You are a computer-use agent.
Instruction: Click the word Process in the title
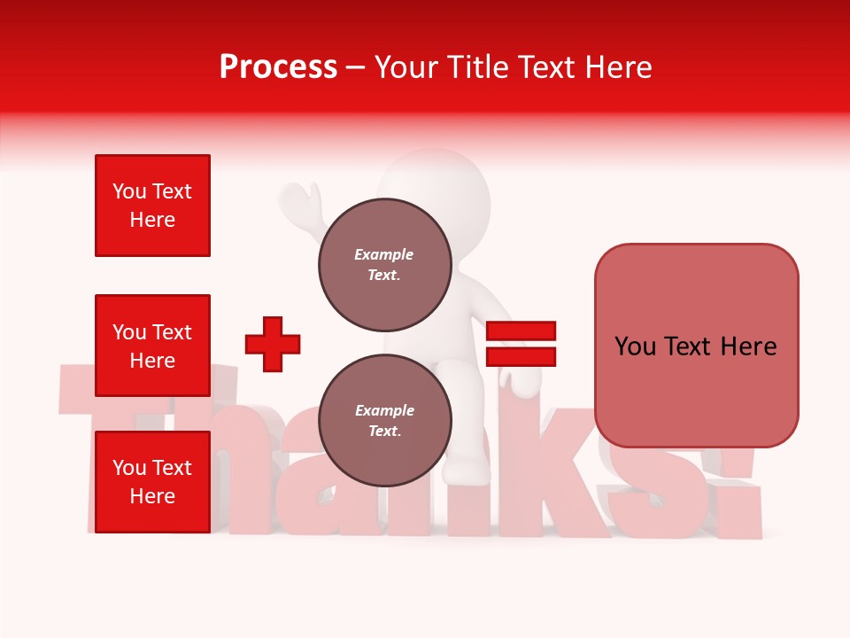(278, 67)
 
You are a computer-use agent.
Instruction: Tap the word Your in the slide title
(409, 67)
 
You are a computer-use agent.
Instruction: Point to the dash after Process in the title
(355, 68)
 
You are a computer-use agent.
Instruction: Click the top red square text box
(152, 206)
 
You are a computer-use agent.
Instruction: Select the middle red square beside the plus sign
(152, 346)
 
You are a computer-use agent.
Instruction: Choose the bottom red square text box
(152, 482)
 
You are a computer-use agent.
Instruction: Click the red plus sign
(273, 344)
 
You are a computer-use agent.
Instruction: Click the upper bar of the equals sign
(521, 331)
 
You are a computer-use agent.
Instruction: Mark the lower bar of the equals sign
(521, 356)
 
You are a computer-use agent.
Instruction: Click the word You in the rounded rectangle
(635, 346)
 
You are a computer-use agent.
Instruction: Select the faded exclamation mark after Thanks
(739, 496)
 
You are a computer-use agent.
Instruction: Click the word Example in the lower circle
(384, 410)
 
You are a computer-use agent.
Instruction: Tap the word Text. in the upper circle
(384, 275)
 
